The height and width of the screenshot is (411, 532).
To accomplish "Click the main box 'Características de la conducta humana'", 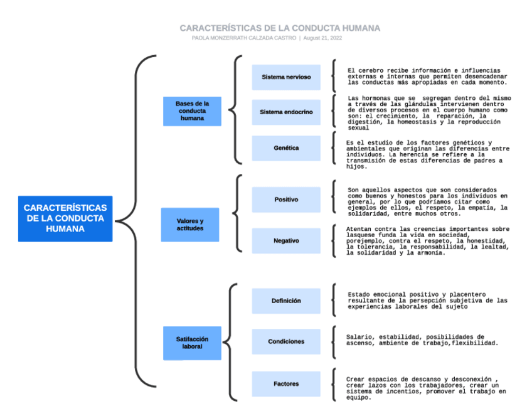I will tap(65, 218).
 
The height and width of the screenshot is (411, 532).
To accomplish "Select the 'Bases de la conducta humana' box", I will tap(192, 111).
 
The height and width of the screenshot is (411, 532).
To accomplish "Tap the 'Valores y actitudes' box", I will tap(190, 225).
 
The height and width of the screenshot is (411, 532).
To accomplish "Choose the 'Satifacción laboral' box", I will tap(192, 343).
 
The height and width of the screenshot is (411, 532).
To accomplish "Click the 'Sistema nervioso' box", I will tap(286, 77).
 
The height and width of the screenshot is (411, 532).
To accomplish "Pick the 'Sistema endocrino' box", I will tap(286, 112).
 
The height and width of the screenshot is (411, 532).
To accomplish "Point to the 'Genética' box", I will tap(286, 148).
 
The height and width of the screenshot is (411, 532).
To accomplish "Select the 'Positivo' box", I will tap(286, 200).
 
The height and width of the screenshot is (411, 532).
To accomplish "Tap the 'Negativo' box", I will tap(286, 241).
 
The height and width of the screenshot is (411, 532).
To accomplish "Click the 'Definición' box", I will tap(286, 301).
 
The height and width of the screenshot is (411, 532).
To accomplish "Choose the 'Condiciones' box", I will tap(286, 342).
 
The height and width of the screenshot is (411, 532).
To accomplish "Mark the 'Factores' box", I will tap(286, 383).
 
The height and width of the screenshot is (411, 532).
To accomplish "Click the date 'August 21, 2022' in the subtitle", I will tap(323, 38).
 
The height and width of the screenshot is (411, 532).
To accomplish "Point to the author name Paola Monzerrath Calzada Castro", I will tap(244, 38).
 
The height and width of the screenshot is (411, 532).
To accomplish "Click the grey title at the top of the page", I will tap(280, 28).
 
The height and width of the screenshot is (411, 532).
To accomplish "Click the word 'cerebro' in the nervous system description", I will tap(371, 70).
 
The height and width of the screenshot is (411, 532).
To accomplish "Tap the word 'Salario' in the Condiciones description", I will tap(360, 337).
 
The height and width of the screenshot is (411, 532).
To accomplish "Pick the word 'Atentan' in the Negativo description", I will tap(360, 229).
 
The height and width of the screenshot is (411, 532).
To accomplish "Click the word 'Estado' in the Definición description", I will tap(360, 294).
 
